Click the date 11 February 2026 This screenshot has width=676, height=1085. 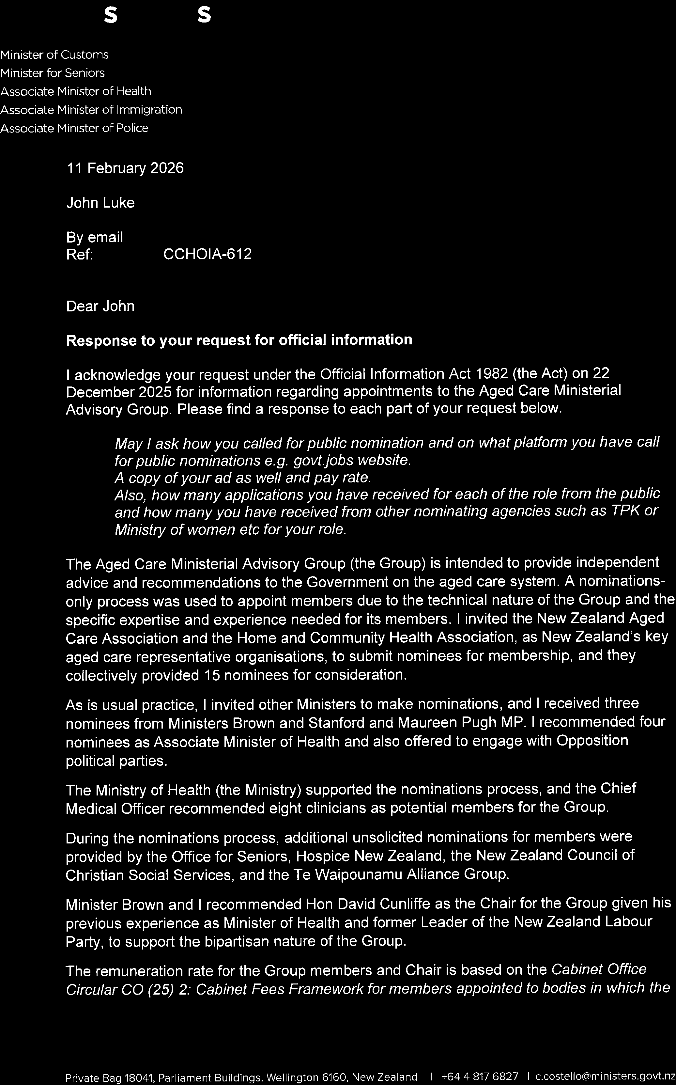125,169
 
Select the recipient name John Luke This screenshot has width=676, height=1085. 100,203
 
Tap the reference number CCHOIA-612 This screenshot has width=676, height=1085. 207,255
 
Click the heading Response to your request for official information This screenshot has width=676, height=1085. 239,340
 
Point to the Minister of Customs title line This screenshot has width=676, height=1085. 54,55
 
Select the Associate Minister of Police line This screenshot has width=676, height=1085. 74,128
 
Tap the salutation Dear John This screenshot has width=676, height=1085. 100,307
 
